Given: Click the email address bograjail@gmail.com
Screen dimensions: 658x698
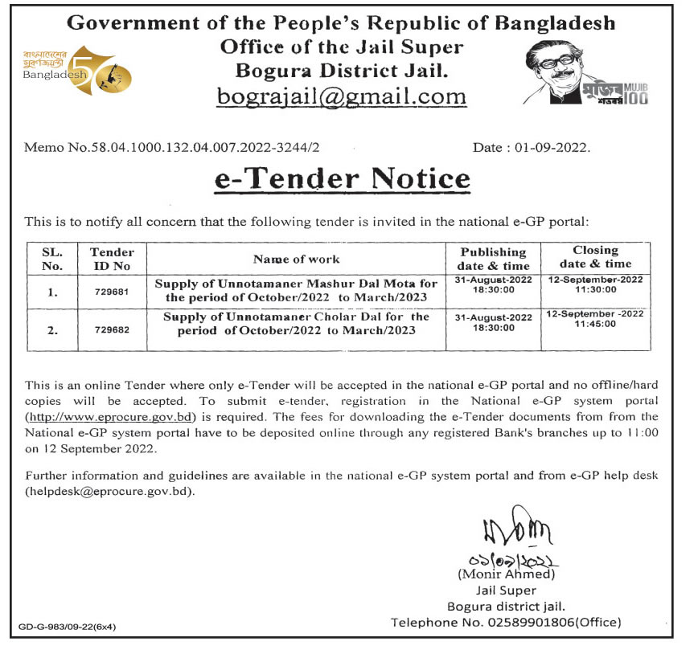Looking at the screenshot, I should click(x=342, y=96).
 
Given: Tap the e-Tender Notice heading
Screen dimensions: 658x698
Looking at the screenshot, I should click(x=342, y=178).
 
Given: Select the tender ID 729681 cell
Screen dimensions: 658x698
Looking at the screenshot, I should click(x=112, y=292).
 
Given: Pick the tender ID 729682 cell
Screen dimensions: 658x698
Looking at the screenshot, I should click(x=112, y=330).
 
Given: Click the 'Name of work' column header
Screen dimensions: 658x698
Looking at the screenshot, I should click(x=296, y=259).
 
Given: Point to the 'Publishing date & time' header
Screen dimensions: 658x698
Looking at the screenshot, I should click(x=493, y=259).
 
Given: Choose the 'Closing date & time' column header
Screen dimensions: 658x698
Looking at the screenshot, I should click(x=595, y=257).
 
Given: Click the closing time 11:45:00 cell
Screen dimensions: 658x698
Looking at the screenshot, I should click(x=595, y=324).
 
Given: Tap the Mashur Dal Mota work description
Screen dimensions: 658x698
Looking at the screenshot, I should click(x=296, y=291).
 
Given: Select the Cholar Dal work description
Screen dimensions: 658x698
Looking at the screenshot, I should click(x=296, y=323).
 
